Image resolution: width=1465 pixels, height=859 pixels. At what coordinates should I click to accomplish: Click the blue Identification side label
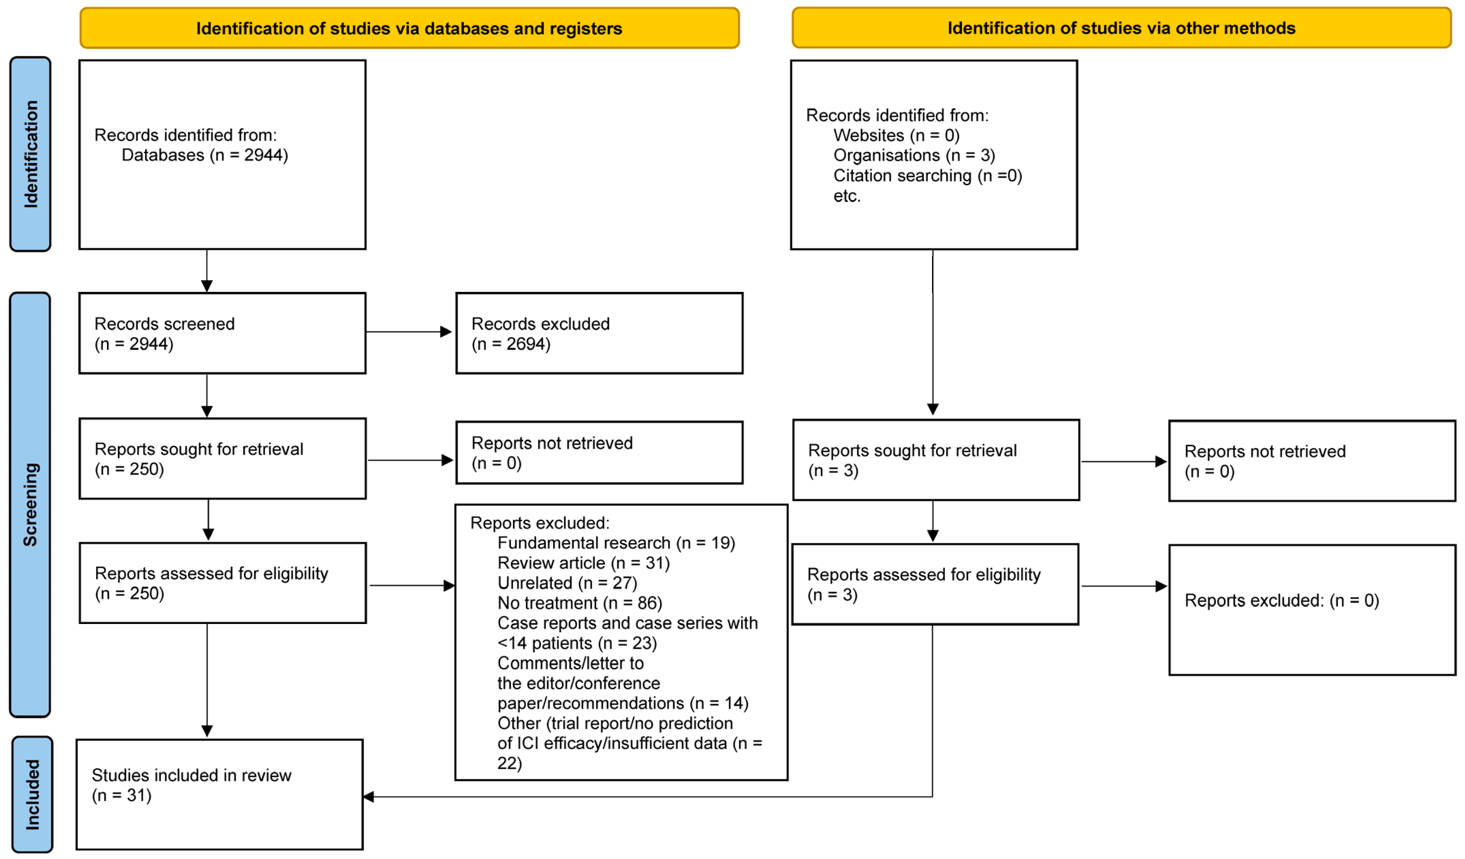click(30, 154)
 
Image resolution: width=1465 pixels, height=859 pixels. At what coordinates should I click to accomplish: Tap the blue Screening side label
click(30, 505)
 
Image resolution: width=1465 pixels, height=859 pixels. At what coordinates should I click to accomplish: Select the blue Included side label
click(32, 794)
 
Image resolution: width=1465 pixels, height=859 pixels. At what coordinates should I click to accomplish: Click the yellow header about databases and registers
click(409, 28)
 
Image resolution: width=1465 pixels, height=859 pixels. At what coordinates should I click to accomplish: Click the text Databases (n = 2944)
click(205, 155)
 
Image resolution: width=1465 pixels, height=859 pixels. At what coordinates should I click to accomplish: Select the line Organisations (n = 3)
click(914, 155)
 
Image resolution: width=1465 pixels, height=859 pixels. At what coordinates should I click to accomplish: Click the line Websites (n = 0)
click(896, 136)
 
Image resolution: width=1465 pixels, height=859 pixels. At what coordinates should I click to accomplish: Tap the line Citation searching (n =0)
click(927, 176)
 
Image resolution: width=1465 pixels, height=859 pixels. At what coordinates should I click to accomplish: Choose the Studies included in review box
click(220, 794)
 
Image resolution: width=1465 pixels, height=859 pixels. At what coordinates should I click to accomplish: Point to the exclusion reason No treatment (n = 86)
click(580, 603)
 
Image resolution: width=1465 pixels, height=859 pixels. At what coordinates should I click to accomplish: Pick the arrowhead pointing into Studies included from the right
click(368, 797)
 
